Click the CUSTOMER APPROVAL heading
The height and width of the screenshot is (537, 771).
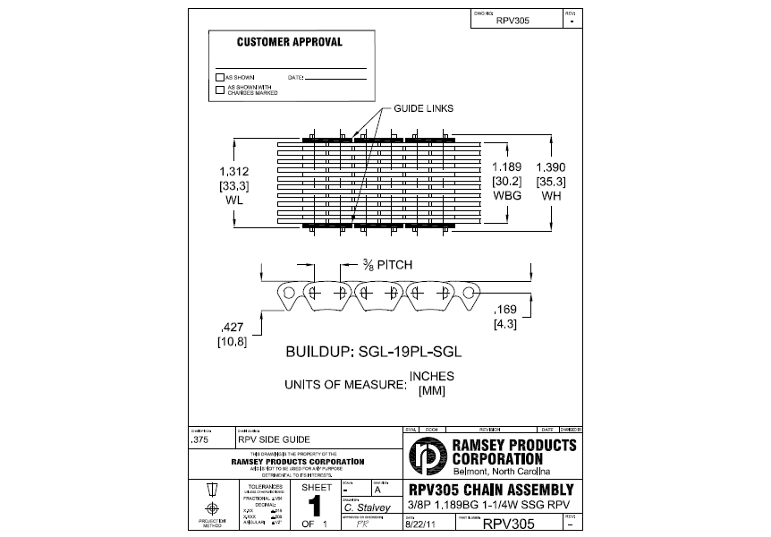click(289, 42)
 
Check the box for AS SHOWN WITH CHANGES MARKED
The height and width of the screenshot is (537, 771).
click(220, 89)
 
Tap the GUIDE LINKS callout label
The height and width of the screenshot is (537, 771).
click(423, 108)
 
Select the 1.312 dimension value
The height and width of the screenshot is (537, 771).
click(233, 170)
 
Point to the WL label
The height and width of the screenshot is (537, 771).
click(233, 200)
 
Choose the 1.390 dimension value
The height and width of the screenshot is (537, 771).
click(550, 167)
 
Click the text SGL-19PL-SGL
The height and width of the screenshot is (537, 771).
click(419, 352)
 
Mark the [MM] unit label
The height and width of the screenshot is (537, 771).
click(432, 390)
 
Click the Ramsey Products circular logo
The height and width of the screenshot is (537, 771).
click(425, 456)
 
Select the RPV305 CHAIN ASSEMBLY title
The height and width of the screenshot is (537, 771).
click(490, 490)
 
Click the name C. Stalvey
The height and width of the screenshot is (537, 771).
click(366, 508)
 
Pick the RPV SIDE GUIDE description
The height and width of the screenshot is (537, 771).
click(274, 440)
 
